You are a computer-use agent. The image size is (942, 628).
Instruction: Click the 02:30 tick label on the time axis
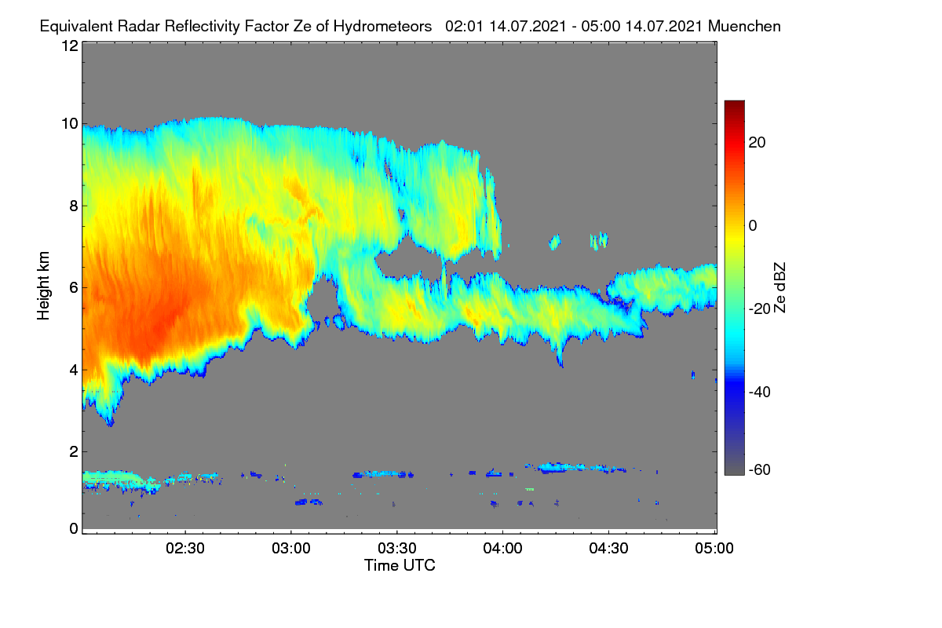185,548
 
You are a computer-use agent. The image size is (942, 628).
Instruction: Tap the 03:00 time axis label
291,548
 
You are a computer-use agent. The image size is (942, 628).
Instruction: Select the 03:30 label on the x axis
397,548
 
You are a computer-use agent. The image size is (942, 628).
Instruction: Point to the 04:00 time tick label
503,548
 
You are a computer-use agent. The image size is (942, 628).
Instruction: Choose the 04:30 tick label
608,548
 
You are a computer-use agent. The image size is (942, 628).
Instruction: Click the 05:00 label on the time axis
714,548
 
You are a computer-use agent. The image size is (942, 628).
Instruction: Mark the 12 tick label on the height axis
70,46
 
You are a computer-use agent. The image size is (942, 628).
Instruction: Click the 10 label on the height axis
70,124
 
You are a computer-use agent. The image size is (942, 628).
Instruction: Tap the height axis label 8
74,206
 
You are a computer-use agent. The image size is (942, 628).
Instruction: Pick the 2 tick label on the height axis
74,451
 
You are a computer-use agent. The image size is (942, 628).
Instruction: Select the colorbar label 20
757,143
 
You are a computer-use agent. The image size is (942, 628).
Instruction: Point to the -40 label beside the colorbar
760,392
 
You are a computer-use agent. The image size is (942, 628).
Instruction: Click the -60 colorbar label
760,469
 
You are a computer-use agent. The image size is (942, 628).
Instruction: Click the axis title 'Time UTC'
400,565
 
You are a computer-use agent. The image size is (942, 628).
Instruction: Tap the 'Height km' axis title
43,286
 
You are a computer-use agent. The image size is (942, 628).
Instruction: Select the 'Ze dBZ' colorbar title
780,287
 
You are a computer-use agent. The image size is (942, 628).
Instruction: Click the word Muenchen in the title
744,26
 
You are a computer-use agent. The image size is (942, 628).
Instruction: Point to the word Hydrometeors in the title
383,26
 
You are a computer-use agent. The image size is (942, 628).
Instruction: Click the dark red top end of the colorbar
734,104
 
